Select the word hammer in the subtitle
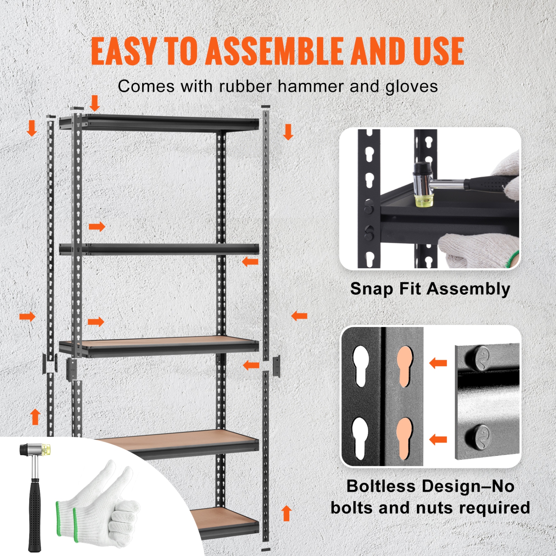pos(310,86)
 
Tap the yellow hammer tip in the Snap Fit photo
pos(424,200)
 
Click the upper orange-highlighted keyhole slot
pos(404,365)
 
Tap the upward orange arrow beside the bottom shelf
pos(286,513)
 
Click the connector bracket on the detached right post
pos(276,366)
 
